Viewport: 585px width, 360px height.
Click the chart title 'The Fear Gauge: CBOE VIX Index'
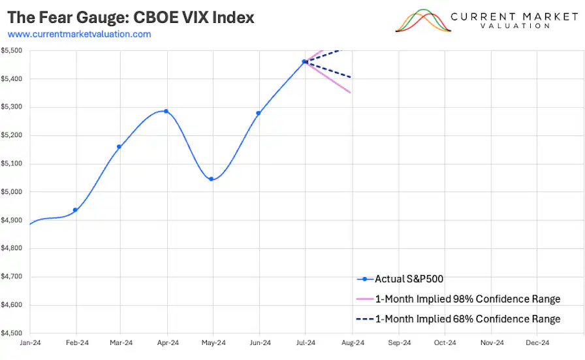[x=131, y=18]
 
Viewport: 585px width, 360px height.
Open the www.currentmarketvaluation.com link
[x=79, y=34]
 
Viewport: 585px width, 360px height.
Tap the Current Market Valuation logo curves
[x=423, y=21]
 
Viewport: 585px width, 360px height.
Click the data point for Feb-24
[x=75, y=210]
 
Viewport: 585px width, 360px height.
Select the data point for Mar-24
[x=119, y=146]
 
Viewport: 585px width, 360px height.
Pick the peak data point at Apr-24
[x=166, y=111]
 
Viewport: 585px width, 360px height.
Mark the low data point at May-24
[x=211, y=179]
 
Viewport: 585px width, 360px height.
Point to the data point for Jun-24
[x=259, y=113]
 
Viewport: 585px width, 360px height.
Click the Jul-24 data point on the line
[x=304, y=61]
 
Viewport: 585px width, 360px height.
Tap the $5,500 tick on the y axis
[x=12, y=51]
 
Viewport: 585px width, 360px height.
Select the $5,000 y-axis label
[x=12, y=192]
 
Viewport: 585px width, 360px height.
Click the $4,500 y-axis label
[x=12, y=333]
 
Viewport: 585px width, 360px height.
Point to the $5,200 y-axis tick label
[x=12, y=136]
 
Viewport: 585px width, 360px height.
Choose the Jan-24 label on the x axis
[x=30, y=342]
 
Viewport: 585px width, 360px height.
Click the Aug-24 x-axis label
[x=353, y=342]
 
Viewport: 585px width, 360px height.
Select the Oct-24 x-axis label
[x=445, y=342]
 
